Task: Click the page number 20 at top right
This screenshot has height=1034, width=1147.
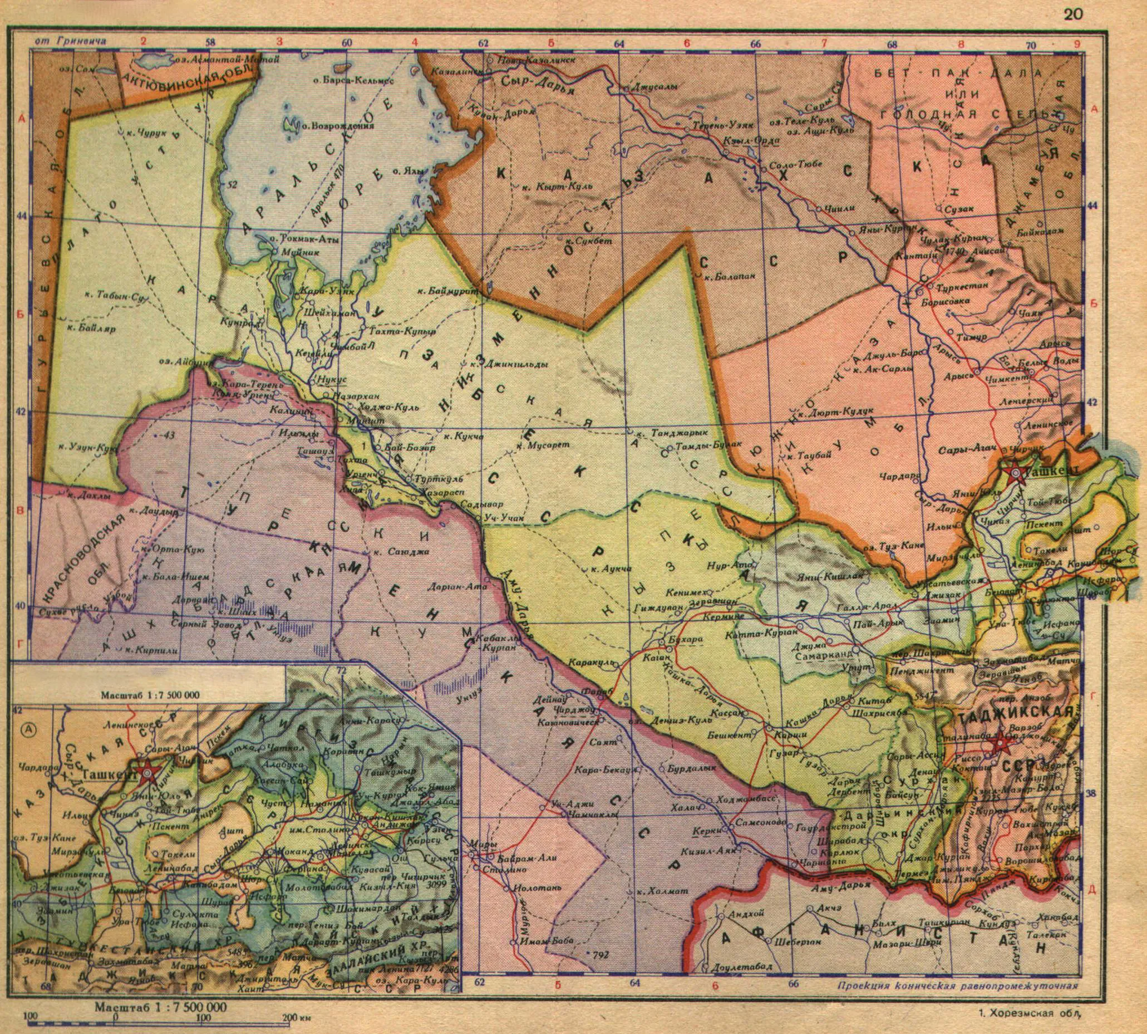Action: point(1073,15)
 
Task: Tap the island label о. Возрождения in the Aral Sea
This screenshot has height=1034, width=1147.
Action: point(337,126)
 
